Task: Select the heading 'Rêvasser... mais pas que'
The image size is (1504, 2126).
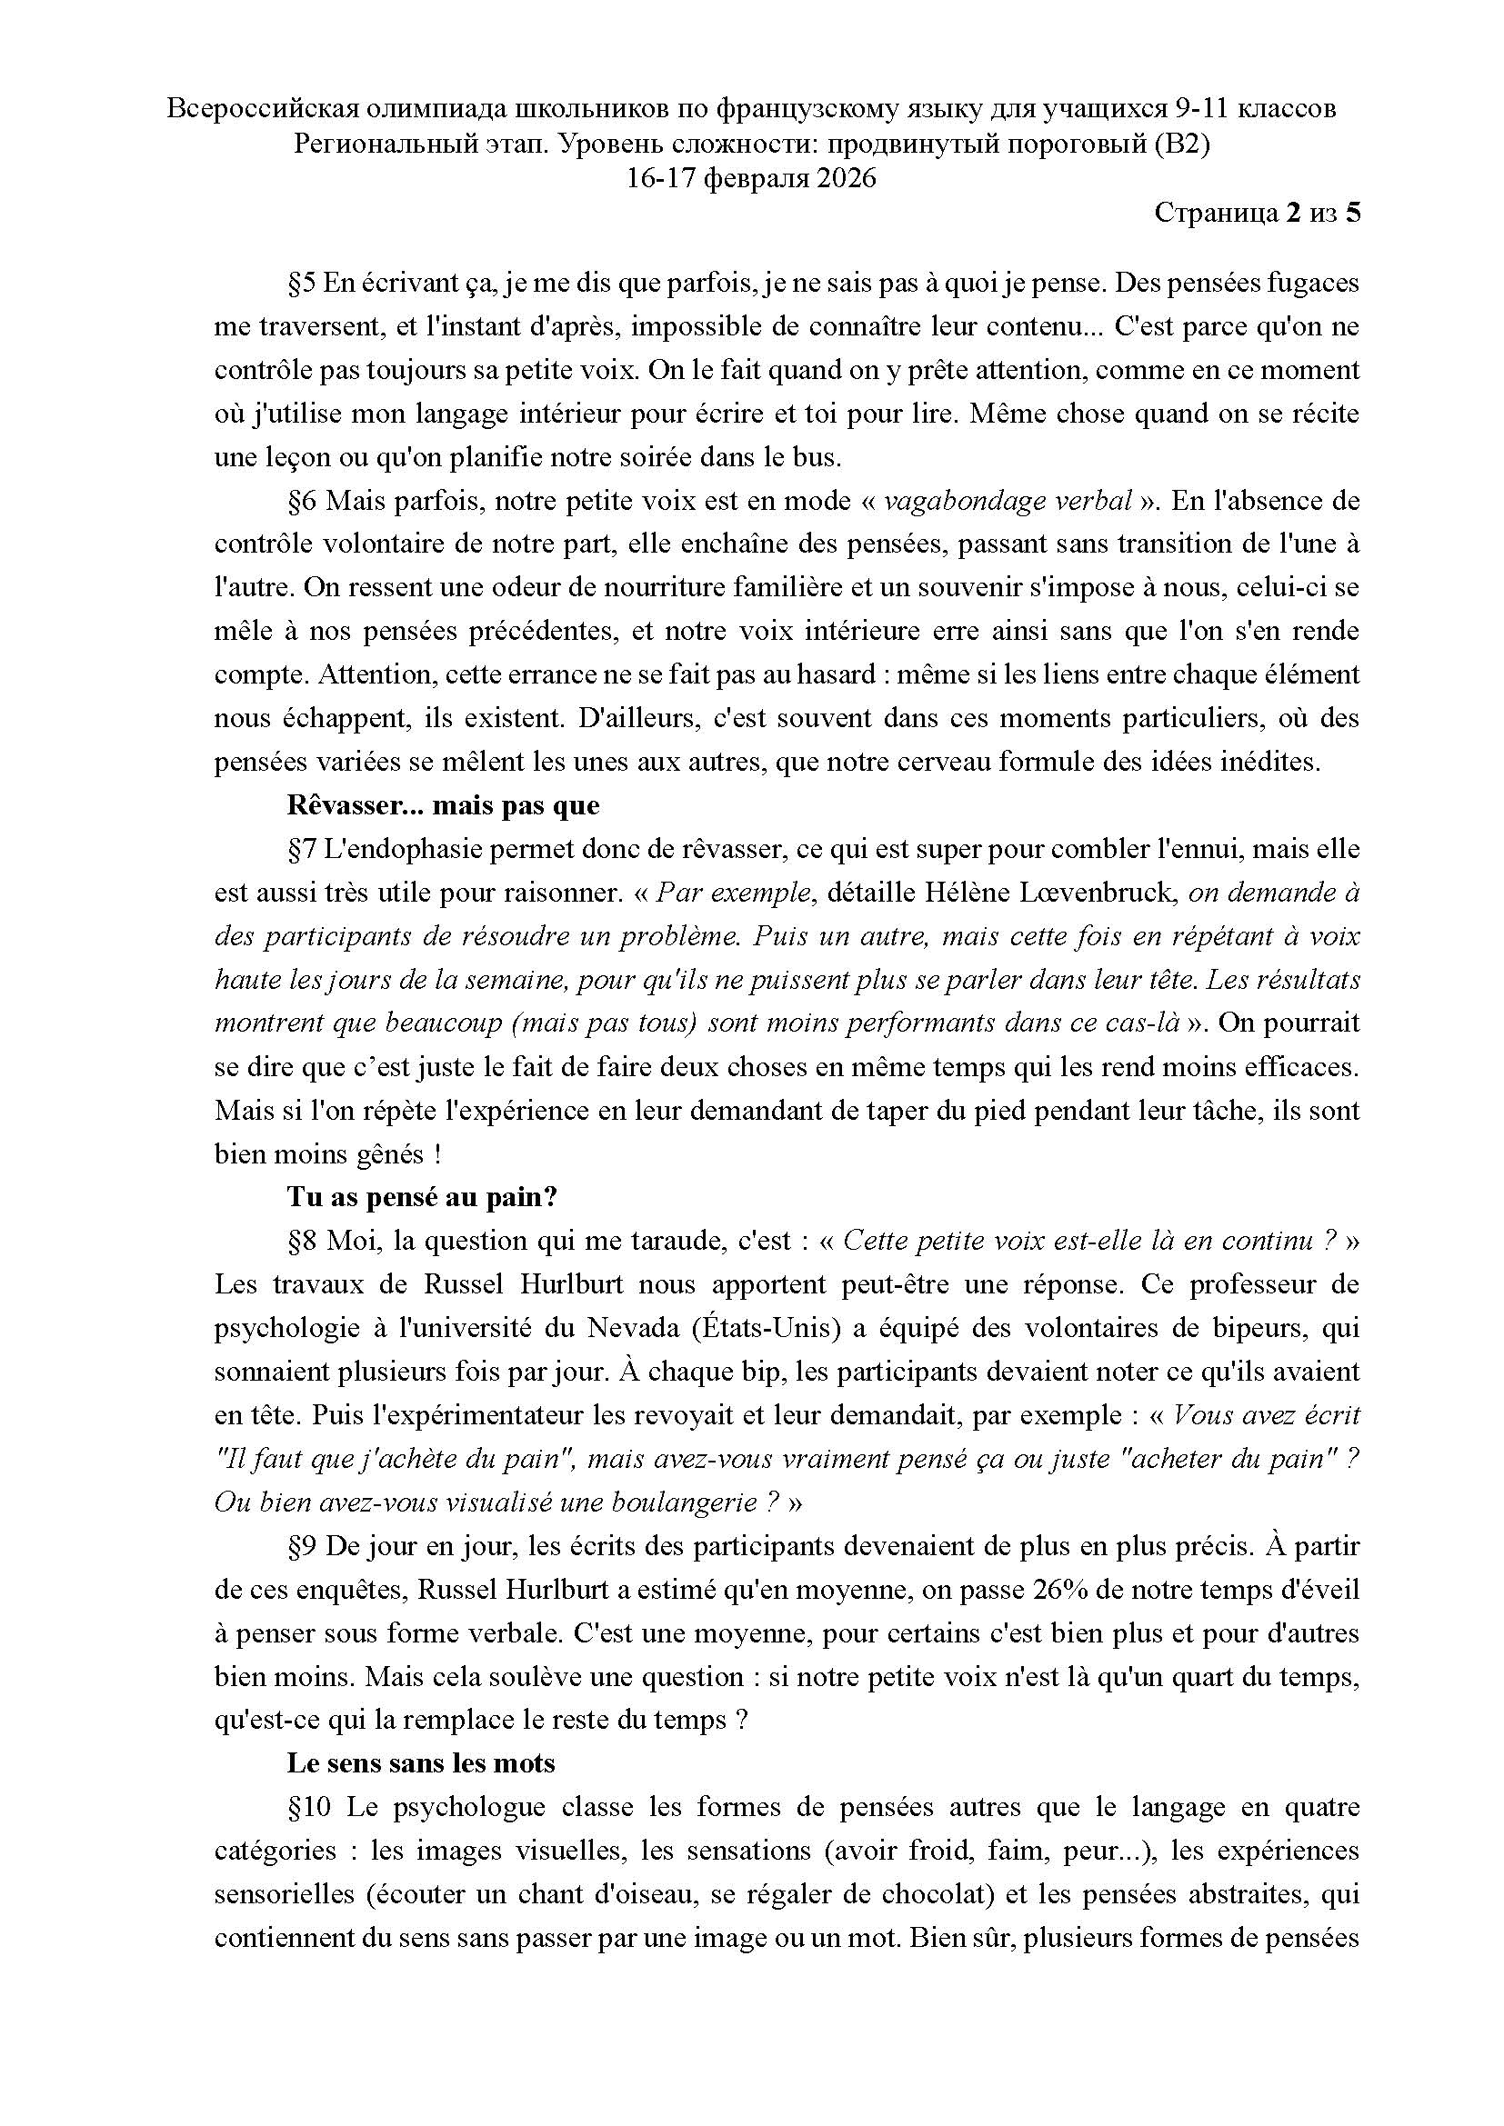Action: [443, 805]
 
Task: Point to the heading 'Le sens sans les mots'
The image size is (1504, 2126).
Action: [420, 1763]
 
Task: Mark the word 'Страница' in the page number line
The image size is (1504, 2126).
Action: [1214, 214]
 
